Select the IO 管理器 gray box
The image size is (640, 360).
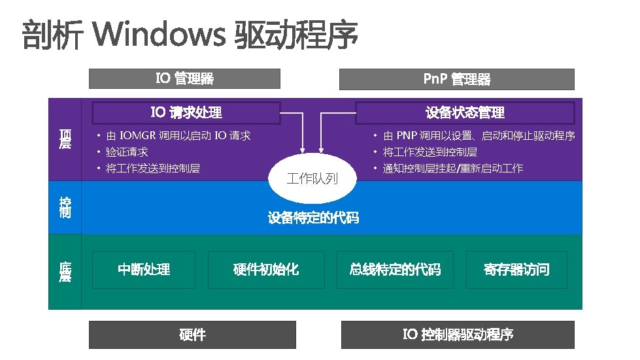coord(184,79)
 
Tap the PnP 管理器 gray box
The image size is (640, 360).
coord(456,79)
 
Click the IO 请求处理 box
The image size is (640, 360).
coord(186,112)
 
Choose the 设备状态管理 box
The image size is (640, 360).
coord(465,112)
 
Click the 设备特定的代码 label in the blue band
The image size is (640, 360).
coord(313,218)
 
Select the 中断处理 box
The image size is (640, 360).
coord(144,269)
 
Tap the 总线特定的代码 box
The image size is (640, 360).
coord(395,269)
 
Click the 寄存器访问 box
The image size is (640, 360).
coord(516,269)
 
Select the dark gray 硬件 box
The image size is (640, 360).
coord(192,335)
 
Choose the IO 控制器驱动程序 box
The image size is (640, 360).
coord(458,335)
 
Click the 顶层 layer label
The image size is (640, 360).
coord(65,139)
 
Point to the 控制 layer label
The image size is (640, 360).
coord(65,207)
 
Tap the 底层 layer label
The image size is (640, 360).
coord(65,272)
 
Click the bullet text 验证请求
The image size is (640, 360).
coord(127,152)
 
